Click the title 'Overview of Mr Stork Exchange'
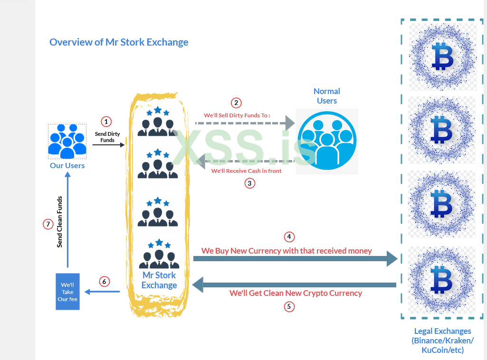point(119,42)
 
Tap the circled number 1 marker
point(106,122)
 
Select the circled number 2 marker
point(236,103)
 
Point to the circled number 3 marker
point(250,183)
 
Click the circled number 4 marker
point(289,237)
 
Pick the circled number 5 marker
point(289,306)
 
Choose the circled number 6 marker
point(104,282)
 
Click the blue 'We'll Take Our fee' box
point(67,292)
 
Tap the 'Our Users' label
point(67,166)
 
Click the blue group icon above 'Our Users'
point(67,141)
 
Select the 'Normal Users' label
point(327,96)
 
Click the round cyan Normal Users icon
point(327,141)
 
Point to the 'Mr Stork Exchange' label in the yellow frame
point(159,280)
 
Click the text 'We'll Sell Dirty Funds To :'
point(237,115)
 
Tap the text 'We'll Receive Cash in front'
point(247,171)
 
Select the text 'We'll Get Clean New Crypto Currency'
point(296,294)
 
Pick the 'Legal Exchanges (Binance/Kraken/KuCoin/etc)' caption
point(443,341)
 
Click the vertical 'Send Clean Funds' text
point(60,222)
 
